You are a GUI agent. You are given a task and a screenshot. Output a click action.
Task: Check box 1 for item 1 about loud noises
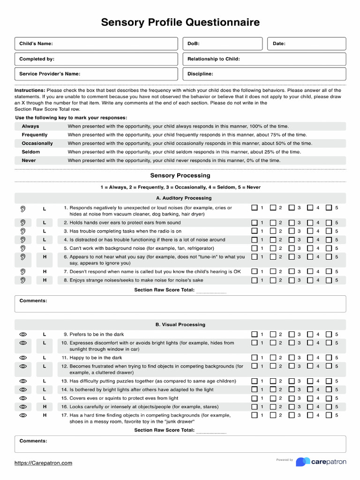pyautogui.click(x=255, y=208)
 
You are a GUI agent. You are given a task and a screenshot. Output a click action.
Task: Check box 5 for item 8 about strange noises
pyautogui.click(x=329, y=280)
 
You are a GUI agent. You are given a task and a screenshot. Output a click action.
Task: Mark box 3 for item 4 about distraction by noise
pyautogui.click(x=292, y=240)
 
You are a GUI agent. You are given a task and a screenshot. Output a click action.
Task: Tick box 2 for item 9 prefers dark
pyautogui.click(x=273, y=334)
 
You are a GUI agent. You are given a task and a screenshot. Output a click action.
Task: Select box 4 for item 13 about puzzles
pyautogui.click(x=310, y=381)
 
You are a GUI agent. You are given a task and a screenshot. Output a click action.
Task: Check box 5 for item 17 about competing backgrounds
pyautogui.click(x=329, y=415)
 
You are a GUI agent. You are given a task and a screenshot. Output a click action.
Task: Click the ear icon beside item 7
pyautogui.click(x=22, y=272)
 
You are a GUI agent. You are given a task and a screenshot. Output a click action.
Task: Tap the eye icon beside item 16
pyautogui.click(x=23, y=406)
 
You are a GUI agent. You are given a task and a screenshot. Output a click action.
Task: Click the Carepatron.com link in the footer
pyautogui.click(x=43, y=463)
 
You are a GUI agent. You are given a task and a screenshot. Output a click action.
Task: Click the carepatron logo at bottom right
pyautogui.click(x=321, y=462)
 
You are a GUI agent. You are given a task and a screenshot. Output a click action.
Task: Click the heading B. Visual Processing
pyautogui.click(x=180, y=324)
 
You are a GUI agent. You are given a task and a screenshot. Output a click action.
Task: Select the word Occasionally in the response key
pyautogui.click(x=37, y=143)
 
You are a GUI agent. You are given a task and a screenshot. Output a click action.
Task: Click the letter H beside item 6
pyautogui.click(x=45, y=257)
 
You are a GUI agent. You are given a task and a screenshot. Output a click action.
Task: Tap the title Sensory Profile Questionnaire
pyautogui.click(x=180, y=22)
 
